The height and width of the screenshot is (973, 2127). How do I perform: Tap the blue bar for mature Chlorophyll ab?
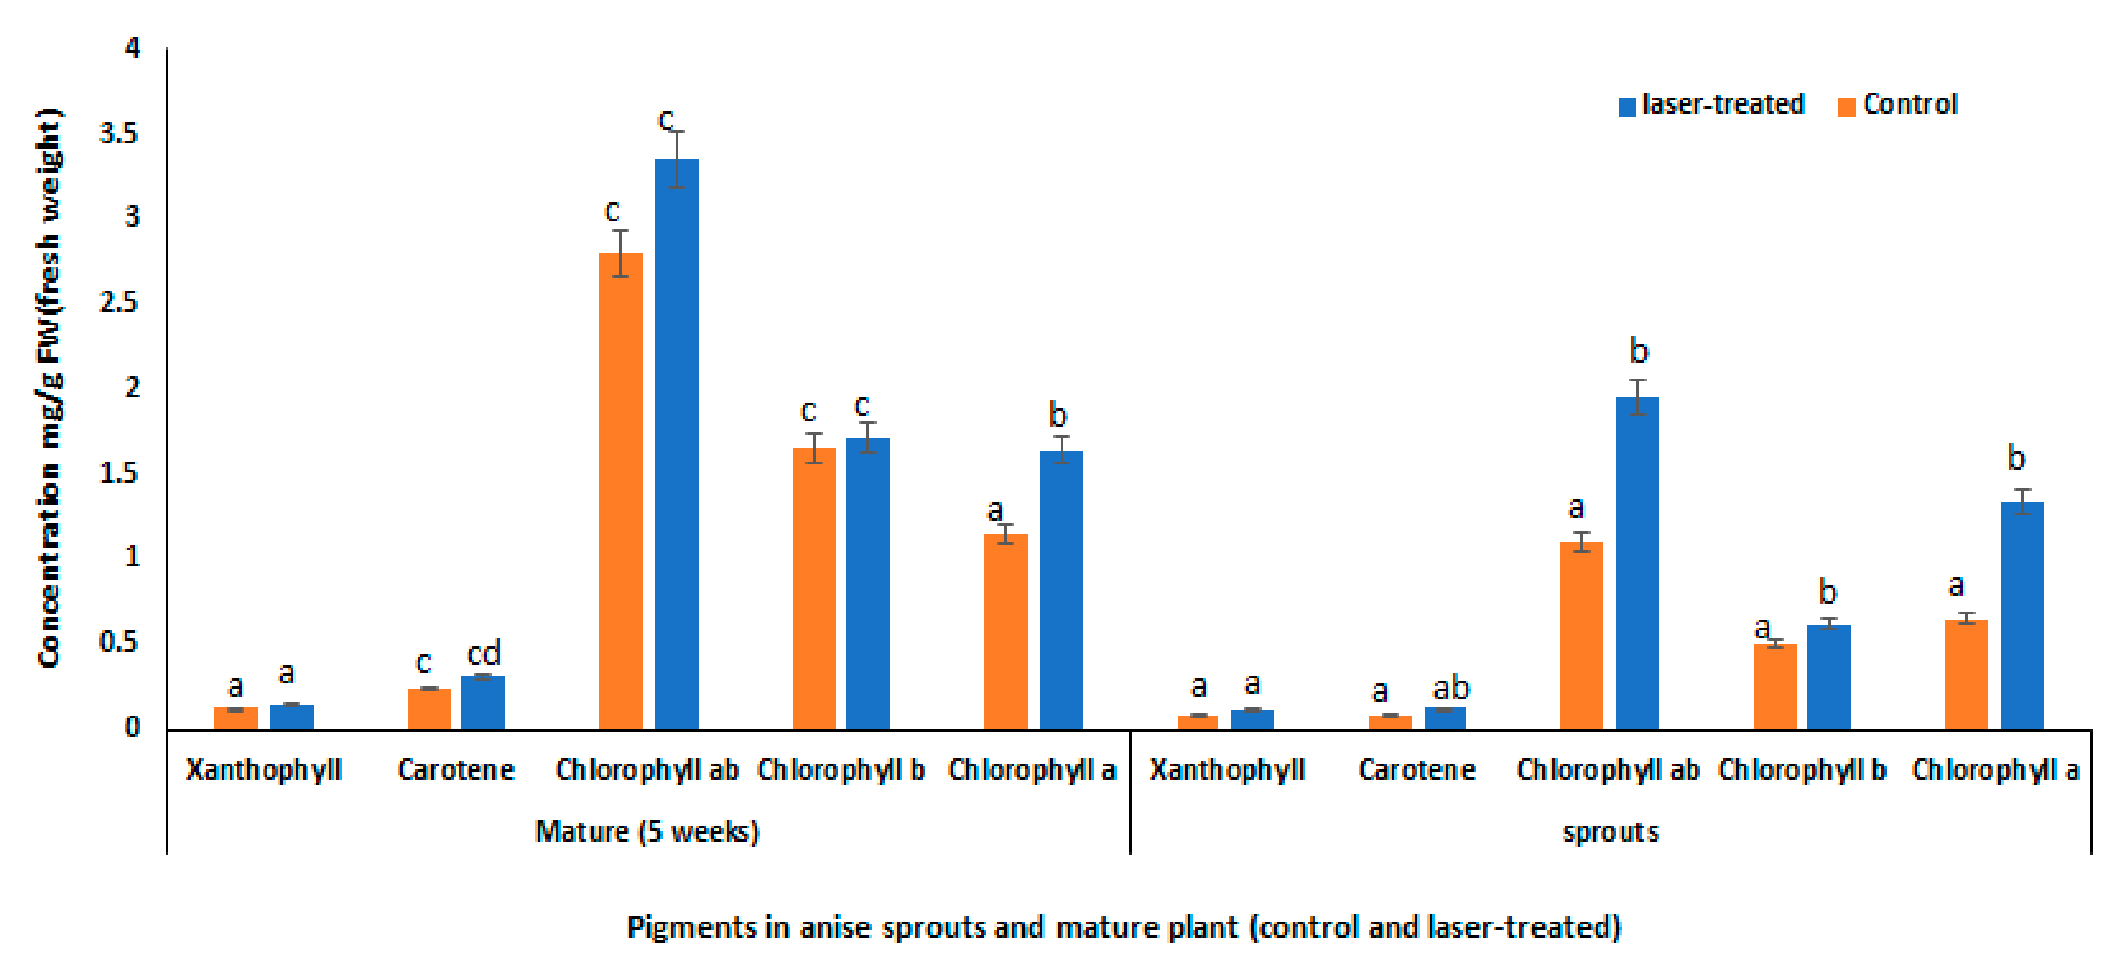(x=676, y=445)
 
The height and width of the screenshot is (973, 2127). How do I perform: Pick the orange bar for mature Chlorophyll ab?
(x=620, y=492)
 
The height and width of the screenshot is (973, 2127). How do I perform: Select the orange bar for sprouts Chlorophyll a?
(x=1966, y=675)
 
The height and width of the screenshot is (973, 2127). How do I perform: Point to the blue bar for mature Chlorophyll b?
(x=868, y=584)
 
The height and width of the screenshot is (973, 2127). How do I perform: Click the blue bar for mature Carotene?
(x=483, y=703)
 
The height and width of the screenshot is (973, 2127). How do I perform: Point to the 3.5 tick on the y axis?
(x=119, y=134)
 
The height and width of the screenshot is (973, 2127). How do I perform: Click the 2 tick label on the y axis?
(x=132, y=388)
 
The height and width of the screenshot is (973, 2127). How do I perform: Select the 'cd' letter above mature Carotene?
(x=484, y=654)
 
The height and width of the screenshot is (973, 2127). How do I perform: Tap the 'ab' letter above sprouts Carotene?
(x=1451, y=687)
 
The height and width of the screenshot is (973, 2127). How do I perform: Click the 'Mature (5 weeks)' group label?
(x=647, y=831)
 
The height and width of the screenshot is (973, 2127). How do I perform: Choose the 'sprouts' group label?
(x=1610, y=831)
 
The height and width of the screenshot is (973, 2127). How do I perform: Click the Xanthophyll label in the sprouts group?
(x=1227, y=770)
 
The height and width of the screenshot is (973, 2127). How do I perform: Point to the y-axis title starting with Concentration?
(x=50, y=388)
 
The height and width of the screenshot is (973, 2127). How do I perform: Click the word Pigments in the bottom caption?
(x=691, y=927)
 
